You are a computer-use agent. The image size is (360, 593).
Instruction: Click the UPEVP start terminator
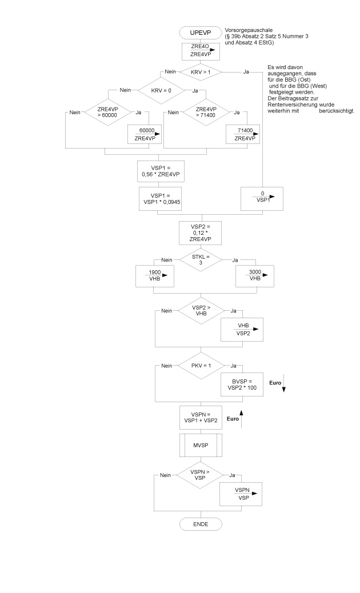[x=199, y=33]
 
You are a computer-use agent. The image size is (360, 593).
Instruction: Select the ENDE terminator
[x=199, y=524]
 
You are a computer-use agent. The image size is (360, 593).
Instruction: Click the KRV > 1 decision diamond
[x=200, y=72]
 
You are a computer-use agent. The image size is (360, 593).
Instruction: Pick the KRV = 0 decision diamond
[x=161, y=90]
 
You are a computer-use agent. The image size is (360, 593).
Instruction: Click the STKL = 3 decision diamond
[x=200, y=261]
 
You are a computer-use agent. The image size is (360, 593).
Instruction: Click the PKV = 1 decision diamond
[x=200, y=364]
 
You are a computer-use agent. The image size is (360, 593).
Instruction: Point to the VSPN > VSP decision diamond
[x=200, y=475]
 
